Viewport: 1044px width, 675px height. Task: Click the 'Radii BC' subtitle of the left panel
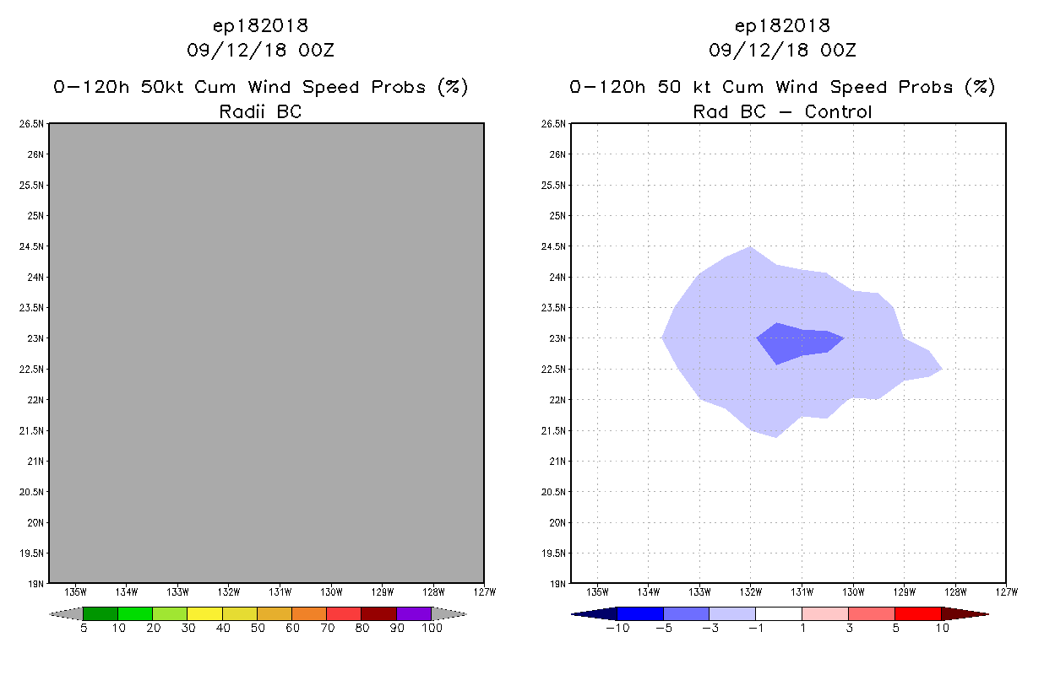click(260, 111)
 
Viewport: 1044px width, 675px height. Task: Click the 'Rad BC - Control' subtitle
click(782, 111)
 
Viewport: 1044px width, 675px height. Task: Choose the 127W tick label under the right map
click(1006, 591)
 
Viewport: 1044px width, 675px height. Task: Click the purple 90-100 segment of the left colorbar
click(414, 613)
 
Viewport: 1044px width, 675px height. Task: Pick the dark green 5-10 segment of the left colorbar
click(101, 613)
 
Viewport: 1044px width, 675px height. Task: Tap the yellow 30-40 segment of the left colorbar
click(205, 613)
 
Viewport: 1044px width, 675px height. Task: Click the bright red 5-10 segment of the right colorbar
click(917, 613)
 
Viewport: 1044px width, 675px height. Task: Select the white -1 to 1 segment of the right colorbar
click(778, 613)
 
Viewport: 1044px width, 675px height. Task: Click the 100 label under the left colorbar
click(432, 628)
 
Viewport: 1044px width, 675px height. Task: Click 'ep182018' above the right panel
click(782, 26)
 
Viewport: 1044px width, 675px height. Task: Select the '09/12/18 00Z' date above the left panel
click(260, 51)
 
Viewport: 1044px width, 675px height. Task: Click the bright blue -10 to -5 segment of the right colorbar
click(640, 613)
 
